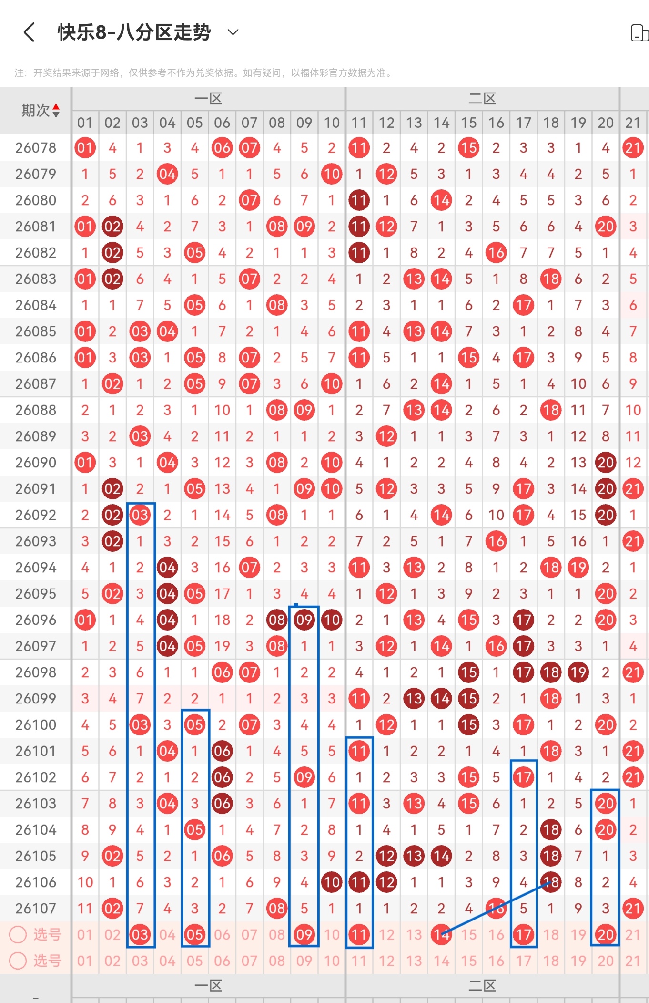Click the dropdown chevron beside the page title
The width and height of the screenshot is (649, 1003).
[x=233, y=32]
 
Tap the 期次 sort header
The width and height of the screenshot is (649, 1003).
[x=40, y=111]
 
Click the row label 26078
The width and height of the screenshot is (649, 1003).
[x=36, y=148]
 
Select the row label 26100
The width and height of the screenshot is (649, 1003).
[x=36, y=725]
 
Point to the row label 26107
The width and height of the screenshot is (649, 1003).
[x=36, y=909]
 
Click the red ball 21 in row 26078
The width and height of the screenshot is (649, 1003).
[x=633, y=148]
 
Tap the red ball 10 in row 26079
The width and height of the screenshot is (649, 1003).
[x=332, y=174]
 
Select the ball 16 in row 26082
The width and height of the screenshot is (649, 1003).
[x=496, y=253]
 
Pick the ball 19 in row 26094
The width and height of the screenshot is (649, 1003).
[x=578, y=568]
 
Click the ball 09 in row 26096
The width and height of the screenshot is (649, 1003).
[x=304, y=620]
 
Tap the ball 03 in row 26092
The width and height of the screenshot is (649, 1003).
[x=140, y=515]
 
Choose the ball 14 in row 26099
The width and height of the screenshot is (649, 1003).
[x=441, y=699]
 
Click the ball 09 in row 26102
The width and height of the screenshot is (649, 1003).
[x=304, y=777]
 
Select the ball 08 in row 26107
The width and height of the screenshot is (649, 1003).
[x=277, y=909]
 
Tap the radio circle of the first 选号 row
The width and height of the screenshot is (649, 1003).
[x=18, y=935]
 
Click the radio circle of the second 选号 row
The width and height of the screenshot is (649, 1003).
[x=18, y=961]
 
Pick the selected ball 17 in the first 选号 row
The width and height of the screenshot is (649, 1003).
[x=523, y=935]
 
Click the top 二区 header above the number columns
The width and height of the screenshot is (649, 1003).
[x=482, y=99]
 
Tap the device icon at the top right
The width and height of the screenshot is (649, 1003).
[x=639, y=33]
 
